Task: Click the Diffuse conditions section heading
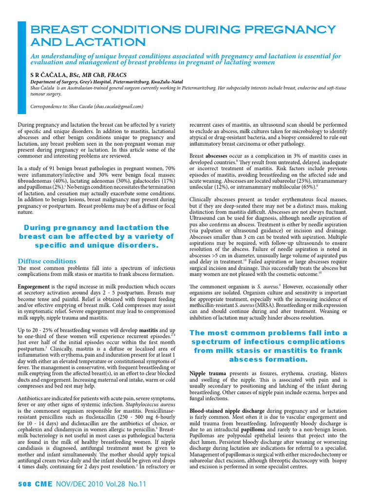click(47, 261)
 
